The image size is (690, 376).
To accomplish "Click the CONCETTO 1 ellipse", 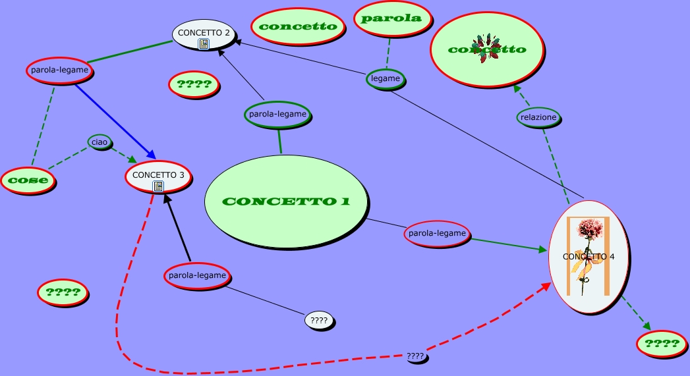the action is [x=285, y=201].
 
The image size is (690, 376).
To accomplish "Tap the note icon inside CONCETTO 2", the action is [x=204, y=44].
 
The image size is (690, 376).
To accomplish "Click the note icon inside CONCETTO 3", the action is [x=158, y=186].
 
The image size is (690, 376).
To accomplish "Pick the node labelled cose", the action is [x=28, y=180].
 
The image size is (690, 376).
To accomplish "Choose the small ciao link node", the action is [x=99, y=142].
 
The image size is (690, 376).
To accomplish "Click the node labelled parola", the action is [x=391, y=18].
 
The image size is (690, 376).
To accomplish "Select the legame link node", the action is [x=386, y=78].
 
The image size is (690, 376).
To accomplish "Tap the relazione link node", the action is [x=538, y=118].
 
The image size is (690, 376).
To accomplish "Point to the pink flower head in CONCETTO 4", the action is [x=590, y=230].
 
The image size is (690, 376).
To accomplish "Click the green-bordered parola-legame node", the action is [x=277, y=114].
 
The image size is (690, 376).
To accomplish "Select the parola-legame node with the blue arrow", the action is [x=59, y=70].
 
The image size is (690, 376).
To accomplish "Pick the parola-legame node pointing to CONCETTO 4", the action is [x=437, y=233].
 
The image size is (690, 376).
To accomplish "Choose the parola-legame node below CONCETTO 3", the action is [x=197, y=275].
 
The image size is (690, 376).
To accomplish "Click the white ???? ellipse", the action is [x=319, y=321].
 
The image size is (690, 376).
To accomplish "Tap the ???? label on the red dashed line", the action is [x=416, y=357].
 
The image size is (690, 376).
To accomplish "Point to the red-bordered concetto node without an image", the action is [x=298, y=27].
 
